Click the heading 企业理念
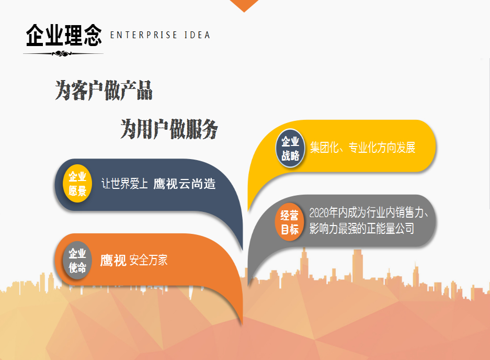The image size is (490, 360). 64,36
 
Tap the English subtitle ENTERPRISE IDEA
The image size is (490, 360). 160,35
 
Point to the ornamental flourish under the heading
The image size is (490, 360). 63,54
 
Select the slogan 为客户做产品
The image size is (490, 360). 104,91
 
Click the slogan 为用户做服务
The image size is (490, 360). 169,129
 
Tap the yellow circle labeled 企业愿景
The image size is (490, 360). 77,183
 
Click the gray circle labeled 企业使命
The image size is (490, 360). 77,260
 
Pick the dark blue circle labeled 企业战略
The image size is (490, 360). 290,148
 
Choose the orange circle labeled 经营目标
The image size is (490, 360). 289,222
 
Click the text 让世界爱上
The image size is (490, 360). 124,184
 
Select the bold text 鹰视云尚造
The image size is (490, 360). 185,184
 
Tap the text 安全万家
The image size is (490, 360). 149,260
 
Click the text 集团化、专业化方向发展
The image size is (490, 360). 362,148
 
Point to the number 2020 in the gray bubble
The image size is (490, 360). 319,213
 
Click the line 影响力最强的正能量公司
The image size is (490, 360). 361,229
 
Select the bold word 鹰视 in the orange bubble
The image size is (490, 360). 113,260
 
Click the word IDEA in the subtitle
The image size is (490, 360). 197,35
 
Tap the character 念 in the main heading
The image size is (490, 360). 93,36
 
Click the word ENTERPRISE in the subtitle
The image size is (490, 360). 144,35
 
